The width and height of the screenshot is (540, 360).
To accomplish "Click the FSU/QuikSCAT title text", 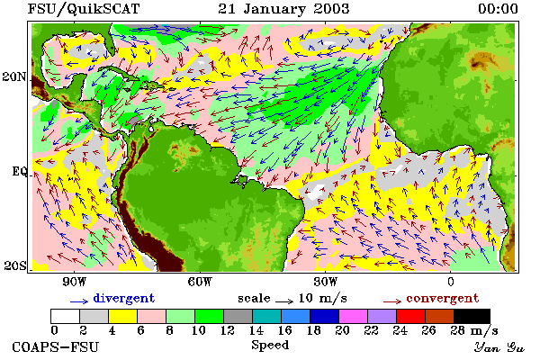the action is [84, 9].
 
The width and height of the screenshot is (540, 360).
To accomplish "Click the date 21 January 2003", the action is [283, 9].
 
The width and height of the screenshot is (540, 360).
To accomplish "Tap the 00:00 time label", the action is [498, 9].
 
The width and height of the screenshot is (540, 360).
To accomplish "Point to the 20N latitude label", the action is [14, 76].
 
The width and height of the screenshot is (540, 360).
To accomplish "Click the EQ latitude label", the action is [20, 171].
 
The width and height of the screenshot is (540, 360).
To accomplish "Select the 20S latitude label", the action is [15, 265].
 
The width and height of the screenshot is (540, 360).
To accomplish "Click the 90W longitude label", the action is [74, 282].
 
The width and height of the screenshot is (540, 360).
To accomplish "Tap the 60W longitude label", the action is [200, 282].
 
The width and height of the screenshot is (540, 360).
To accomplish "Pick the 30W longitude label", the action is [326, 282].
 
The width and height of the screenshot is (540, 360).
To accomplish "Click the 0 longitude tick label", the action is [451, 282].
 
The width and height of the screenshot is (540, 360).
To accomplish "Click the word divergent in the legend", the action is [124, 298].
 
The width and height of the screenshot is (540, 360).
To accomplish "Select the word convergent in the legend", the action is [443, 298].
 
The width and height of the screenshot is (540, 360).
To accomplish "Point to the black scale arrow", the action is [284, 301].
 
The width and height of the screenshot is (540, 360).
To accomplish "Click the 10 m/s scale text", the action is [323, 298].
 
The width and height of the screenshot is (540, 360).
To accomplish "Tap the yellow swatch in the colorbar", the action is [123, 316].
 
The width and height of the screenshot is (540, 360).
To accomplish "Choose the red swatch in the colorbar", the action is [411, 316].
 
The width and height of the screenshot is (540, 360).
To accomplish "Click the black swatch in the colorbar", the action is [472, 316].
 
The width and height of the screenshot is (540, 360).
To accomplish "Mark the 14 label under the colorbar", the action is [256, 330].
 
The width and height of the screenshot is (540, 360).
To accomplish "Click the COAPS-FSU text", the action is [55, 346].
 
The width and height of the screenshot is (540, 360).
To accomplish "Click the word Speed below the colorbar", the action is [270, 346].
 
